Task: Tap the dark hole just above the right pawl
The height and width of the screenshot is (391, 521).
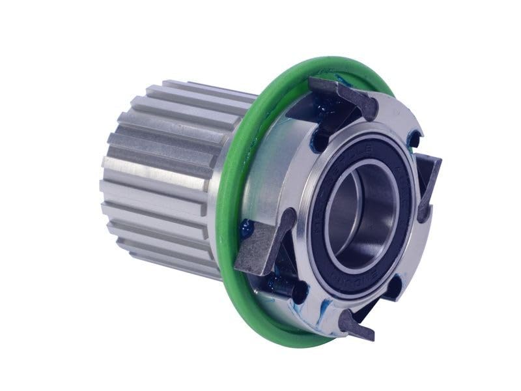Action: coord(413,139)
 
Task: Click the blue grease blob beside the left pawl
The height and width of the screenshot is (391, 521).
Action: coord(247,229)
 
